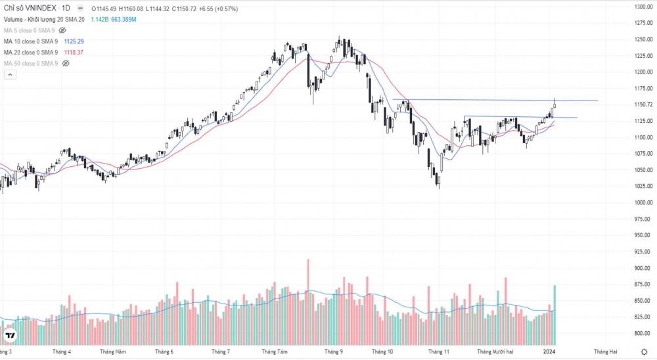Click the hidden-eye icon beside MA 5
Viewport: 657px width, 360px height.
point(62,30)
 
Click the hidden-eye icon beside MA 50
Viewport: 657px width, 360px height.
point(66,63)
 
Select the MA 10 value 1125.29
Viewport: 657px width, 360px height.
point(73,41)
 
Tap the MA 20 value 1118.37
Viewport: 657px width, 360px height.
point(73,53)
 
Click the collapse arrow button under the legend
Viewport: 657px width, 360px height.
point(10,75)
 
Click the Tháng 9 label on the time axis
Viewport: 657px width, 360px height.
point(333,351)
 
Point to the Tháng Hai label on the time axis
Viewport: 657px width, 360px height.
point(605,351)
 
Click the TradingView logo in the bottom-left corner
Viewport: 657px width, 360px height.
point(11,337)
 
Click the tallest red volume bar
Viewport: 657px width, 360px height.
point(307,302)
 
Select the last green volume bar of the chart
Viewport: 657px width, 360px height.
point(555,315)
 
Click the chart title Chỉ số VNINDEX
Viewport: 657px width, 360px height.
point(30,8)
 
